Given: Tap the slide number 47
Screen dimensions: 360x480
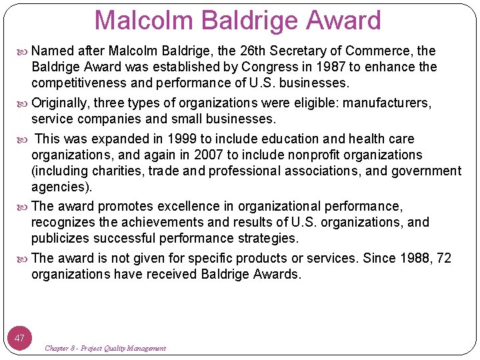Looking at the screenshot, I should coord(20,338).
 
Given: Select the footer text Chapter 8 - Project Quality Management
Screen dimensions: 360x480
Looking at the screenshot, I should coord(105,349).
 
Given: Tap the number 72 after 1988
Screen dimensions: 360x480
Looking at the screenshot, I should coord(443,258).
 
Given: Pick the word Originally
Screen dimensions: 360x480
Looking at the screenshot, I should coord(60,103).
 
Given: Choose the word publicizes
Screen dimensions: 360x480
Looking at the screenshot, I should coord(61,238).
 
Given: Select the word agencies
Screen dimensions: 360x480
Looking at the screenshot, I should coord(60,187).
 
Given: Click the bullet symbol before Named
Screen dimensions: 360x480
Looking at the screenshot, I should coord(24,51).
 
